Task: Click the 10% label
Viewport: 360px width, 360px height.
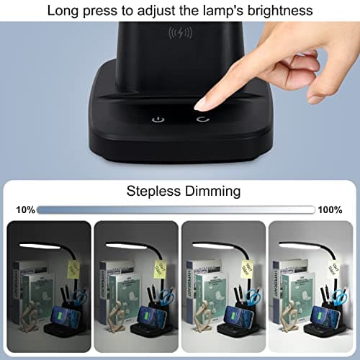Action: (24, 210)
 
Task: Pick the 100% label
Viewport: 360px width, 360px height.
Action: (331, 210)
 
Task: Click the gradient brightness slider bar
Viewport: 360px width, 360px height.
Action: (176, 210)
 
